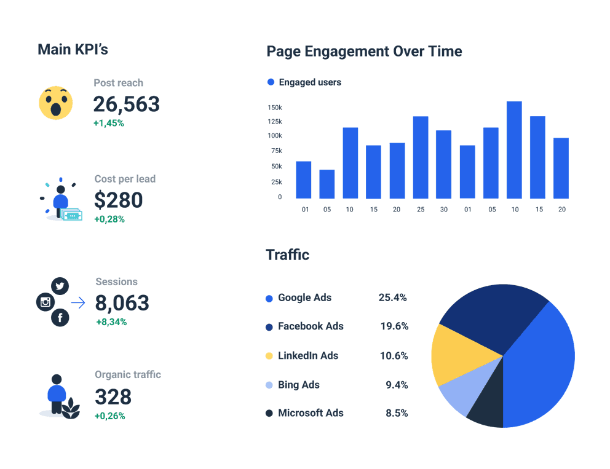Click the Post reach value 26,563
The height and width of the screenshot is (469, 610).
(x=126, y=104)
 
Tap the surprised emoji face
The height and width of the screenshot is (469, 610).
(x=56, y=103)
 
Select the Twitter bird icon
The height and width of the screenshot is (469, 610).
(x=60, y=286)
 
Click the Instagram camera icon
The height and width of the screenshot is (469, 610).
(x=46, y=302)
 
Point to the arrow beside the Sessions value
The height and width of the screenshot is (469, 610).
(x=78, y=302)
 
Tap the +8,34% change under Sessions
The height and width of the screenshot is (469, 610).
(x=111, y=321)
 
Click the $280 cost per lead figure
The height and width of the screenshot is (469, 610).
(x=118, y=200)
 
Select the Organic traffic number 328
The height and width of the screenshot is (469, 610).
(x=113, y=396)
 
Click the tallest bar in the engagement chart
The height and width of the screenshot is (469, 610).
(x=514, y=150)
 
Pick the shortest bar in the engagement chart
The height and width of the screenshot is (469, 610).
(x=327, y=184)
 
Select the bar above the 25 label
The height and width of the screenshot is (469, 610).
(x=421, y=157)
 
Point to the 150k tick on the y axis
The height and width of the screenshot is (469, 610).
(x=274, y=108)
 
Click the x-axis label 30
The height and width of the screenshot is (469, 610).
(x=444, y=210)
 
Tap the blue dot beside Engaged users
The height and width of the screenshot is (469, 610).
(x=271, y=82)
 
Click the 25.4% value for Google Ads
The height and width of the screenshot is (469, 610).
(x=392, y=298)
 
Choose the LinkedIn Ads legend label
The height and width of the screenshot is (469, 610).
(x=308, y=356)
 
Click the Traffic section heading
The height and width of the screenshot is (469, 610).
(x=287, y=254)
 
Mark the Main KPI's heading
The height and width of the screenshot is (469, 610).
(x=73, y=50)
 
